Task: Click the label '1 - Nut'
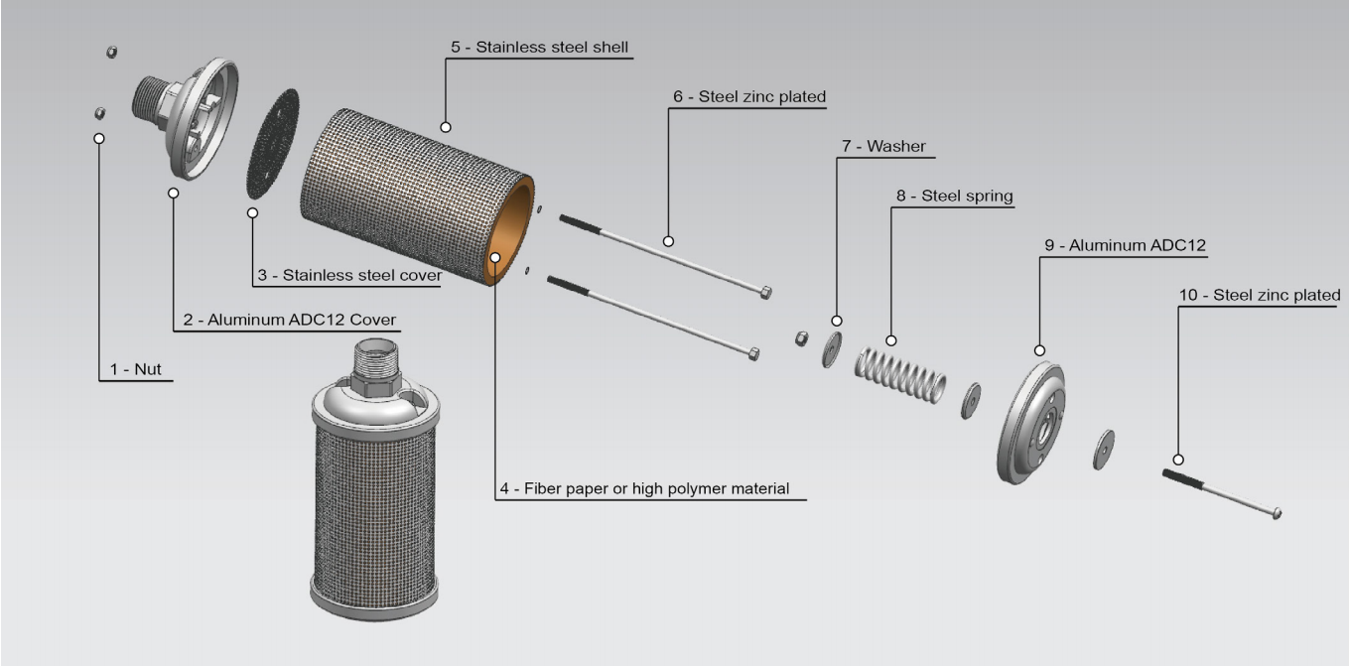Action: pyautogui.click(x=136, y=370)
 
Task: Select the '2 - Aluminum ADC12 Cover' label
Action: pyautogui.click(x=290, y=320)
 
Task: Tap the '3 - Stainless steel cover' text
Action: pyautogui.click(x=346, y=275)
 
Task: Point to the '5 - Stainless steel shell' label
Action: pyautogui.click(x=539, y=47)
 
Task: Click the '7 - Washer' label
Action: pyautogui.click(x=882, y=146)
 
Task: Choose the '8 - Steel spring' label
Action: pyautogui.click(x=954, y=197)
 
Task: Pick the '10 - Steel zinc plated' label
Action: pyautogui.click(x=1260, y=295)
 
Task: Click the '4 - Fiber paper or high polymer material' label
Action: pyautogui.click(x=645, y=488)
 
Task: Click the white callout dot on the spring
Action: pyautogui.click(x=891, y=340)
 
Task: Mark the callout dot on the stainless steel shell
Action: pyautogui.click(x=446, y=127)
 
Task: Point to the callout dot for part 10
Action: pyautogui.click(x=1178, y=460)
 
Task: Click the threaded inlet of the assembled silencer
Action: pyautogui.click(x=375, y=360)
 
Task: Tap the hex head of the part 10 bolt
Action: pyautogui.click(x=1277, y=513)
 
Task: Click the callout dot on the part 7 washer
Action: pyautogui.click(x=837, y=321)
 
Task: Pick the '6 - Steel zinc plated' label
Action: pyautogui.click(x=748, y=97)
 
